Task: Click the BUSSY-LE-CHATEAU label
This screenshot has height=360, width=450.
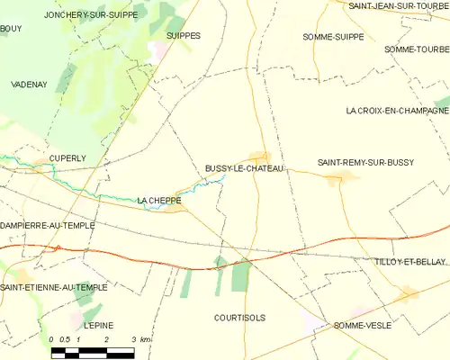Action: pyautogui.click(x=245, y=169)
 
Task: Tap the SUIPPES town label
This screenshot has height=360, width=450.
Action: pyautogui.click(x=184, y=36)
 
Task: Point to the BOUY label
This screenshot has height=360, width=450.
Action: pyautogui.click(x=11, y=29)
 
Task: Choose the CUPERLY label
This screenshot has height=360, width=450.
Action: pyautogui.click(x=67, y=157)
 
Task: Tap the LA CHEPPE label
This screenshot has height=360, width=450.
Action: pyautogui.click(x=159, y=200)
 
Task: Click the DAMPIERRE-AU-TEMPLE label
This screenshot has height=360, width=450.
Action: pyautogui.click(x=47, y=225)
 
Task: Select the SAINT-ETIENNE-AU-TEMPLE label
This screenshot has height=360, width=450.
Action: pyautogui.click(x=53, y=287)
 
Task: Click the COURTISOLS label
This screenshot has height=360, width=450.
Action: pyautogui.click(x=240, y=318)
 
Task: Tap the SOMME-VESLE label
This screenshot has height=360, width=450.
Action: pyautogui.click(x=362, y=325)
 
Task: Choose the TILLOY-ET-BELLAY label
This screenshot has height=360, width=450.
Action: pyautogui.click(x=409, y=261)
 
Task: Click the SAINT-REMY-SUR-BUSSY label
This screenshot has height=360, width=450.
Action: pyautogui.click(x=365, y=162)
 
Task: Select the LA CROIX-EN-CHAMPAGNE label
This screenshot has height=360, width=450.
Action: pyautogui.click(x=397, y=111)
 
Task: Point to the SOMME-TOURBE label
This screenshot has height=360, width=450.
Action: pyautogui.click(x=416, y=49)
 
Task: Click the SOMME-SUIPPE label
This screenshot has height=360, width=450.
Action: pyautogui.click(x=334, y=36)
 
